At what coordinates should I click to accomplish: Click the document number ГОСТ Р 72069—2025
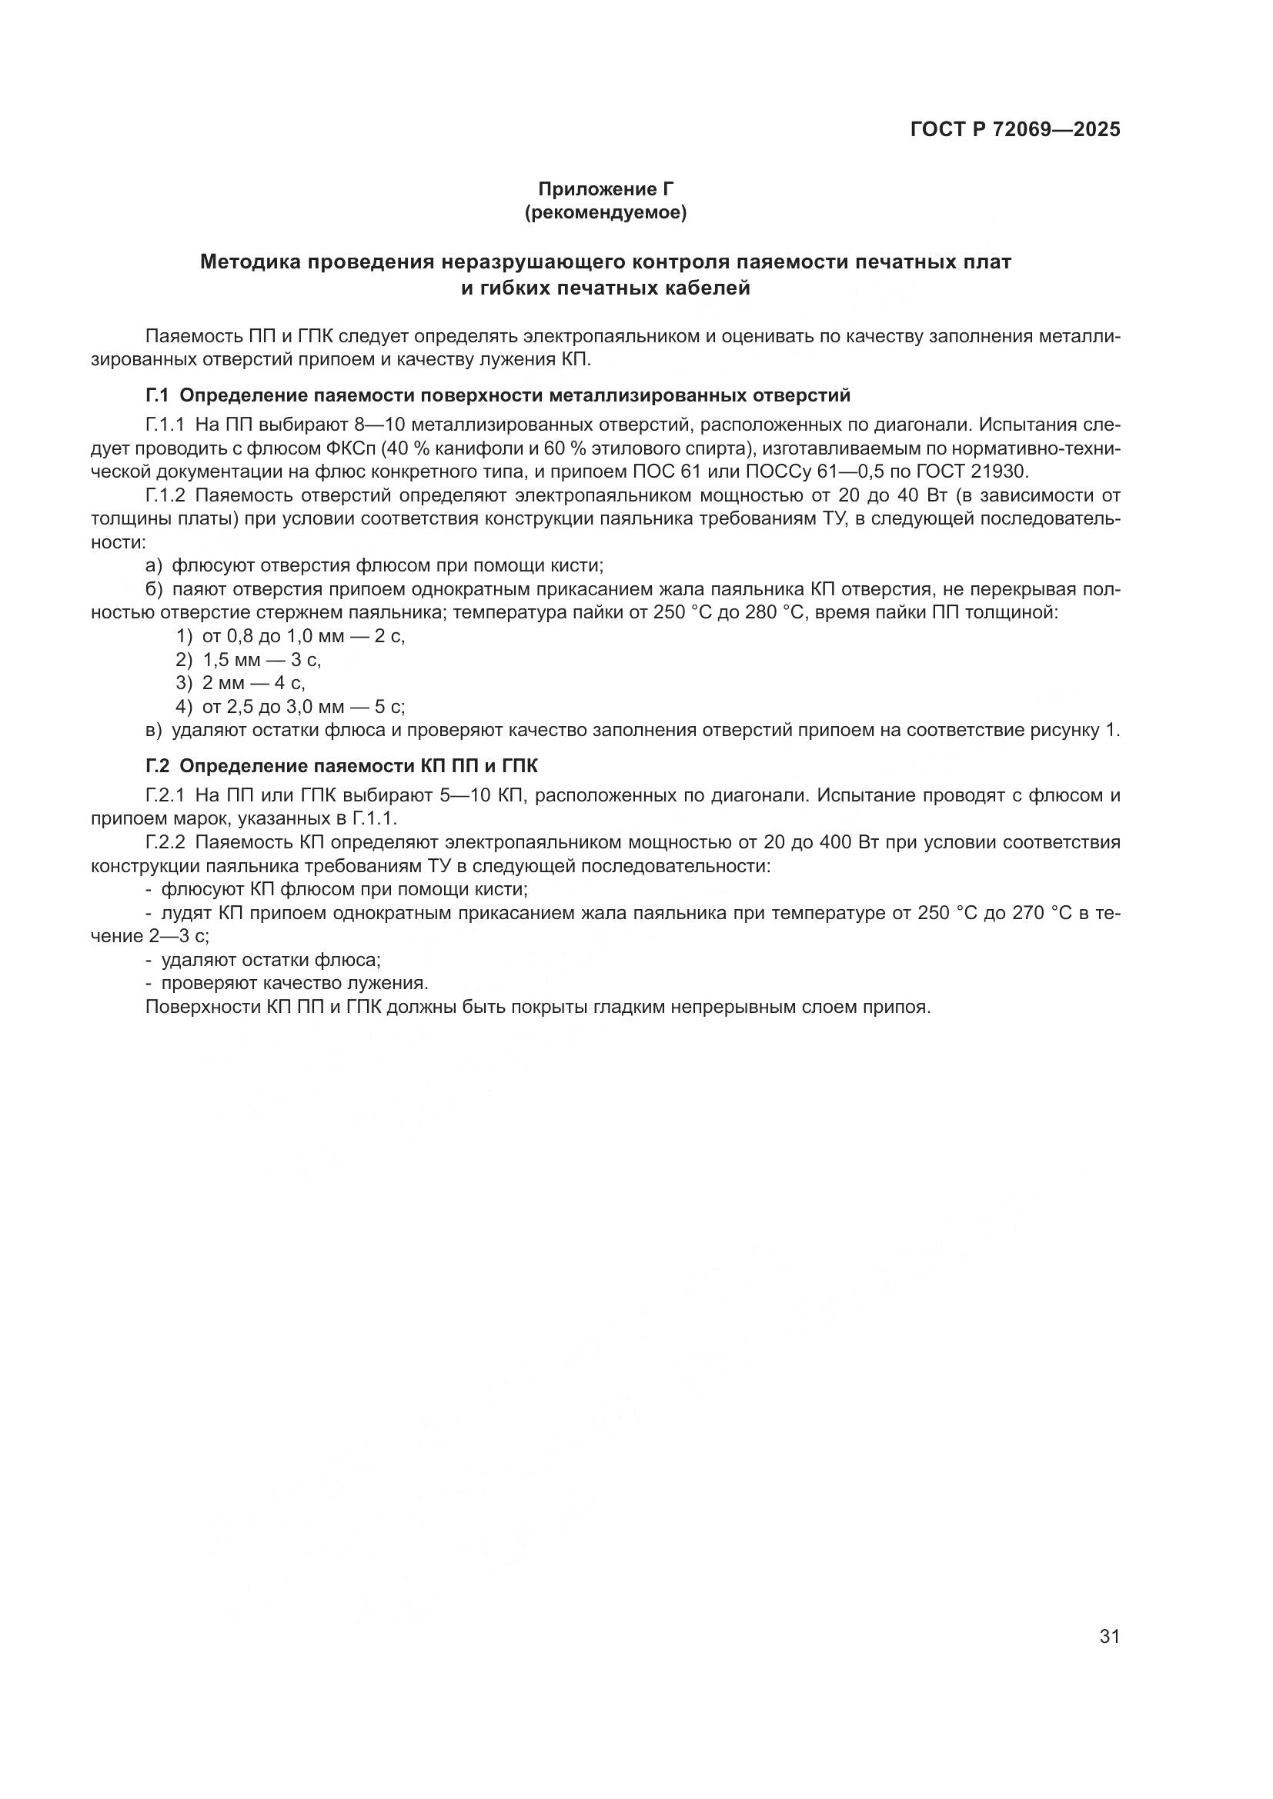1015,129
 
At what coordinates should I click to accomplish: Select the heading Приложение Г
605,189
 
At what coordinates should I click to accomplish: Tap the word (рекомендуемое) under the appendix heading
605,212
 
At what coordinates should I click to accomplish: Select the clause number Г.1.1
165,425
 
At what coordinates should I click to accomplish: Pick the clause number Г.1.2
165,495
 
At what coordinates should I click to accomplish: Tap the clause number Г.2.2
165,842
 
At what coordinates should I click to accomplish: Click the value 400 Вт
824,842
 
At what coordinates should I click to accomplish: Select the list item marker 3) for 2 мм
183,683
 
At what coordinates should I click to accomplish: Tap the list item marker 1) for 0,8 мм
183,636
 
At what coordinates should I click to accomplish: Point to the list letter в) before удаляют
154,730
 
